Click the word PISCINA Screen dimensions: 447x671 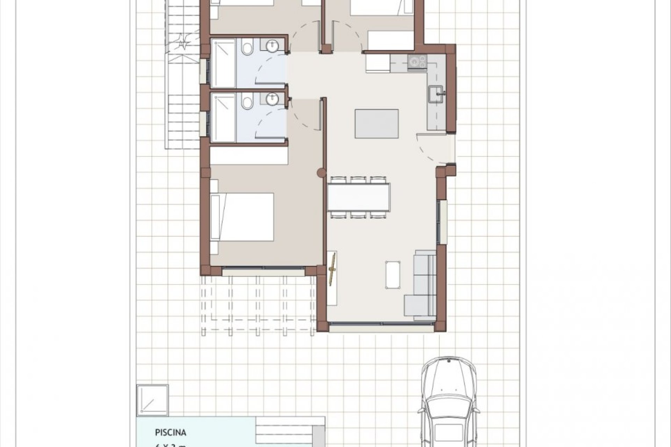point(171,433)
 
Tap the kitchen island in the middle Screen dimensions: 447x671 point(377,124)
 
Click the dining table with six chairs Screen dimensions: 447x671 point(359,197)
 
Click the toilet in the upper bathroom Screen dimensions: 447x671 point(248,48)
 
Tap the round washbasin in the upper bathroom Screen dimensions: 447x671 point(272,46)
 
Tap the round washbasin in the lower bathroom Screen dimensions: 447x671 point(272,99)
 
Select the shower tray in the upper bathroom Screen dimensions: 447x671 point(223,63)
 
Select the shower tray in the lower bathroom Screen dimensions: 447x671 point(223,117)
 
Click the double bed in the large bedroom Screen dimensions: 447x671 point(242,217)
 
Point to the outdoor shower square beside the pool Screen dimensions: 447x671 point(152,400)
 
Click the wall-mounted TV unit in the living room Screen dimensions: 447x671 point(332,278)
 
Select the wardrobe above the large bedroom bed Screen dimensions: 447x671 point(249,156)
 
